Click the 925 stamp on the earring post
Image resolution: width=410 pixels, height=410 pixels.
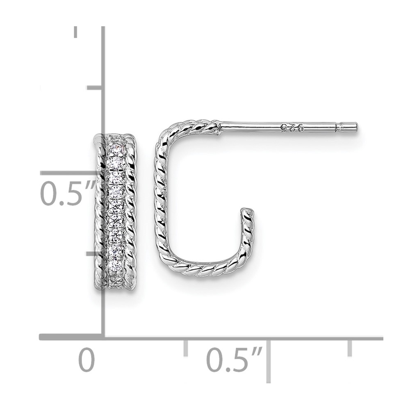(292, 128)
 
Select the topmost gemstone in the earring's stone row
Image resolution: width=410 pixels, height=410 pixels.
(116, 150)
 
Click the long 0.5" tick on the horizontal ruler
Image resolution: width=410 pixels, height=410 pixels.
(269, 361)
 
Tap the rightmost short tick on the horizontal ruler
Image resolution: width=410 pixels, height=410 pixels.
(349, 348)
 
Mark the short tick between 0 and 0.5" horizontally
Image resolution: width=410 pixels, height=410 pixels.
(186, 348)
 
